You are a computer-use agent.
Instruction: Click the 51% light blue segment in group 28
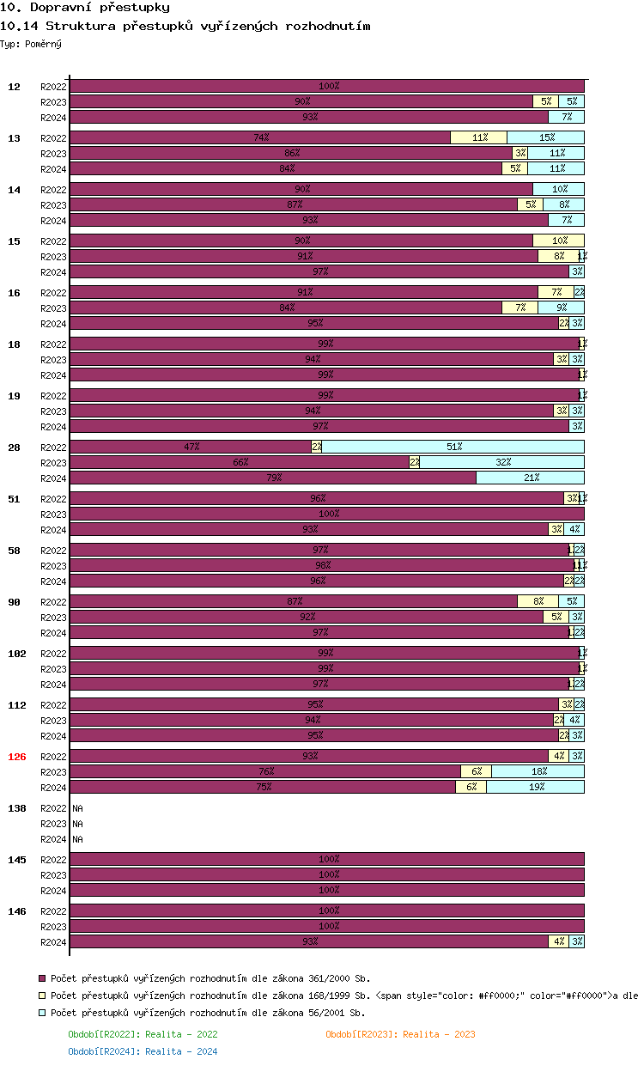tap(453, 447)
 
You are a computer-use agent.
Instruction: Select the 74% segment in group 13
tap(260, 137)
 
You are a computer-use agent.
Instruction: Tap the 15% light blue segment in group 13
tap(545, 137)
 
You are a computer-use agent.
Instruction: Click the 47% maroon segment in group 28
tap(191, 447)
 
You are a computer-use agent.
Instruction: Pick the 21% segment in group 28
tap(530, 478)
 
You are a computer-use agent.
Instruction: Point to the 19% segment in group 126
tap(535, 787)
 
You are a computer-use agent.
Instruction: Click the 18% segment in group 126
tap(538, 771)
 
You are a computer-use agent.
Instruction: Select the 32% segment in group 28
tap(501, 462)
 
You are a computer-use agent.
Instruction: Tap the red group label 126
tap(17, 757)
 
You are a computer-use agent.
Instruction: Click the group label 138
tap(17, 808)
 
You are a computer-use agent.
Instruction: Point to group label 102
tap(17, 654)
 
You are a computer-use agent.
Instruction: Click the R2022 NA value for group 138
tap(77, 808)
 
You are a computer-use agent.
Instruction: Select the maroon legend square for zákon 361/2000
tap(42, 978)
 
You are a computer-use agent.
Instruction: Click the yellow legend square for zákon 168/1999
tap(42, 996)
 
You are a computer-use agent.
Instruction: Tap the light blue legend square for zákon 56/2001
tap(42, 1013)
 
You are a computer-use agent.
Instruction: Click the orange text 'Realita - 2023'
tap(439, 1034)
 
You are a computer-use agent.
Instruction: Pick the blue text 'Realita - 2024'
tap(181, 1051)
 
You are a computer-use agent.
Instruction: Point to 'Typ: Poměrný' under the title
tap(31, 44)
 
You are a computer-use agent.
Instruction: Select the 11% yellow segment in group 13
tap(478, 137)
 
